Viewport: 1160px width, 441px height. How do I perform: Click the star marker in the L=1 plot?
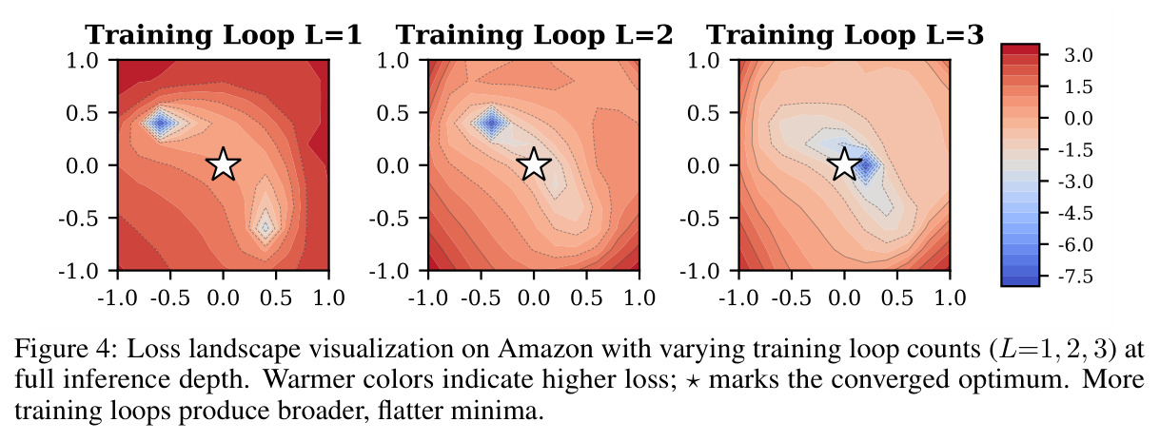coord(224,164)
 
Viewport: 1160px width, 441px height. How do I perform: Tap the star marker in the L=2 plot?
coord(534,164)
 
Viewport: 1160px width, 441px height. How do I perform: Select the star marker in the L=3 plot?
coord(845,164)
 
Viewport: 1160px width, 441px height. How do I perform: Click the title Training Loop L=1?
coord(224,35)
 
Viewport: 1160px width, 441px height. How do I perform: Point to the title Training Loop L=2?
coord(534,35)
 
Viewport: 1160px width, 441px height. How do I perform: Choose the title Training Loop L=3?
coord(845,35)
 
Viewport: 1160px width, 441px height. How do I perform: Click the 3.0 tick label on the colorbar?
coord(1078,55)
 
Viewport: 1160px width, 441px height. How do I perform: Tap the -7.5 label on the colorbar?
coord(1075,276)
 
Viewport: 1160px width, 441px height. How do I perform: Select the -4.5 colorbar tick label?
coord(1075,213)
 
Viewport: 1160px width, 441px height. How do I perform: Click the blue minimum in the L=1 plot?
coord(161,123)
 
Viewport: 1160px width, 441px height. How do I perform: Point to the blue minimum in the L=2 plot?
coord(491,123)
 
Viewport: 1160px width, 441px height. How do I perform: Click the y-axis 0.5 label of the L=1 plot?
coord(82,113)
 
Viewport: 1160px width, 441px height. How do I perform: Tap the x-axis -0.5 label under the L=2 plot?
coord(481,298)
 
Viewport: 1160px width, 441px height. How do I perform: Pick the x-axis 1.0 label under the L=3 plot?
coord(951,298)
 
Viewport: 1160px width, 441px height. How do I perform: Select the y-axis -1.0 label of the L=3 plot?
coord(699,271)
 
